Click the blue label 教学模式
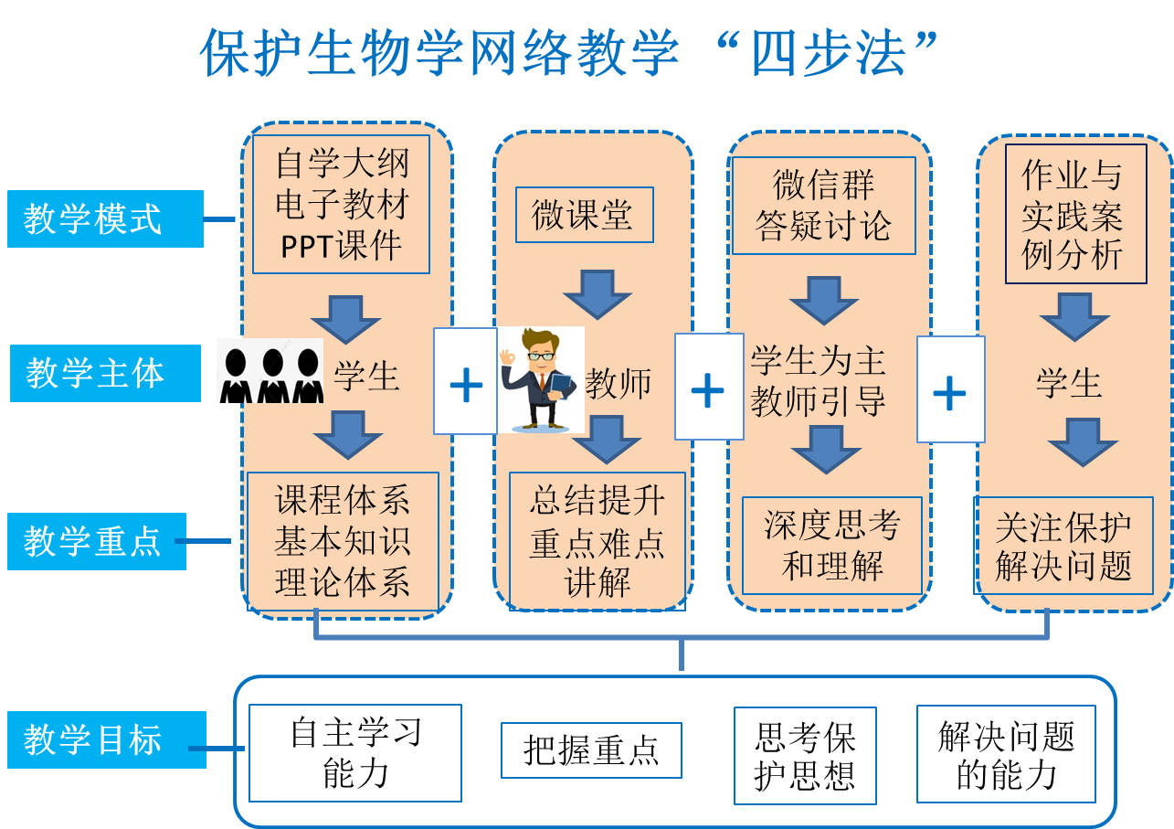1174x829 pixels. pos(105,219)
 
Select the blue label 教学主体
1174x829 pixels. pos(105,373)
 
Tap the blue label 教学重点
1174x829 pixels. pos(96,541)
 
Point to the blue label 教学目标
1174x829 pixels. pos(106,739)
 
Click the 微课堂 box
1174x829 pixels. pos(584,216)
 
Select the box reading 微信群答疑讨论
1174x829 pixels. pos(823,206)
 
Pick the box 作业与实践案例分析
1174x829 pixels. pos(1075,214)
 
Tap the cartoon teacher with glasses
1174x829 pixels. pos(541,378)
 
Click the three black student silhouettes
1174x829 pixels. pos(270,371)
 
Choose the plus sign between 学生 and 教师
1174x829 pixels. pos(466,381)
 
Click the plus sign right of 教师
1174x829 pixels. pos(708,388)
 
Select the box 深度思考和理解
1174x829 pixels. pos(831,546)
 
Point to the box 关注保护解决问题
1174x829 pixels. pos(1063,547)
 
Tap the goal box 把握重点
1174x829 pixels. pos(591,750)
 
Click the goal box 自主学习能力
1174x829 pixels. pos(354,753)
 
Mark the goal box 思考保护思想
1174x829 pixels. pos(805,756)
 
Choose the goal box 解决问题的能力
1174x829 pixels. pos(1006,754)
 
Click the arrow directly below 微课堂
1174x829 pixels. pos(598,293)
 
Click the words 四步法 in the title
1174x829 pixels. pos(826,53)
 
